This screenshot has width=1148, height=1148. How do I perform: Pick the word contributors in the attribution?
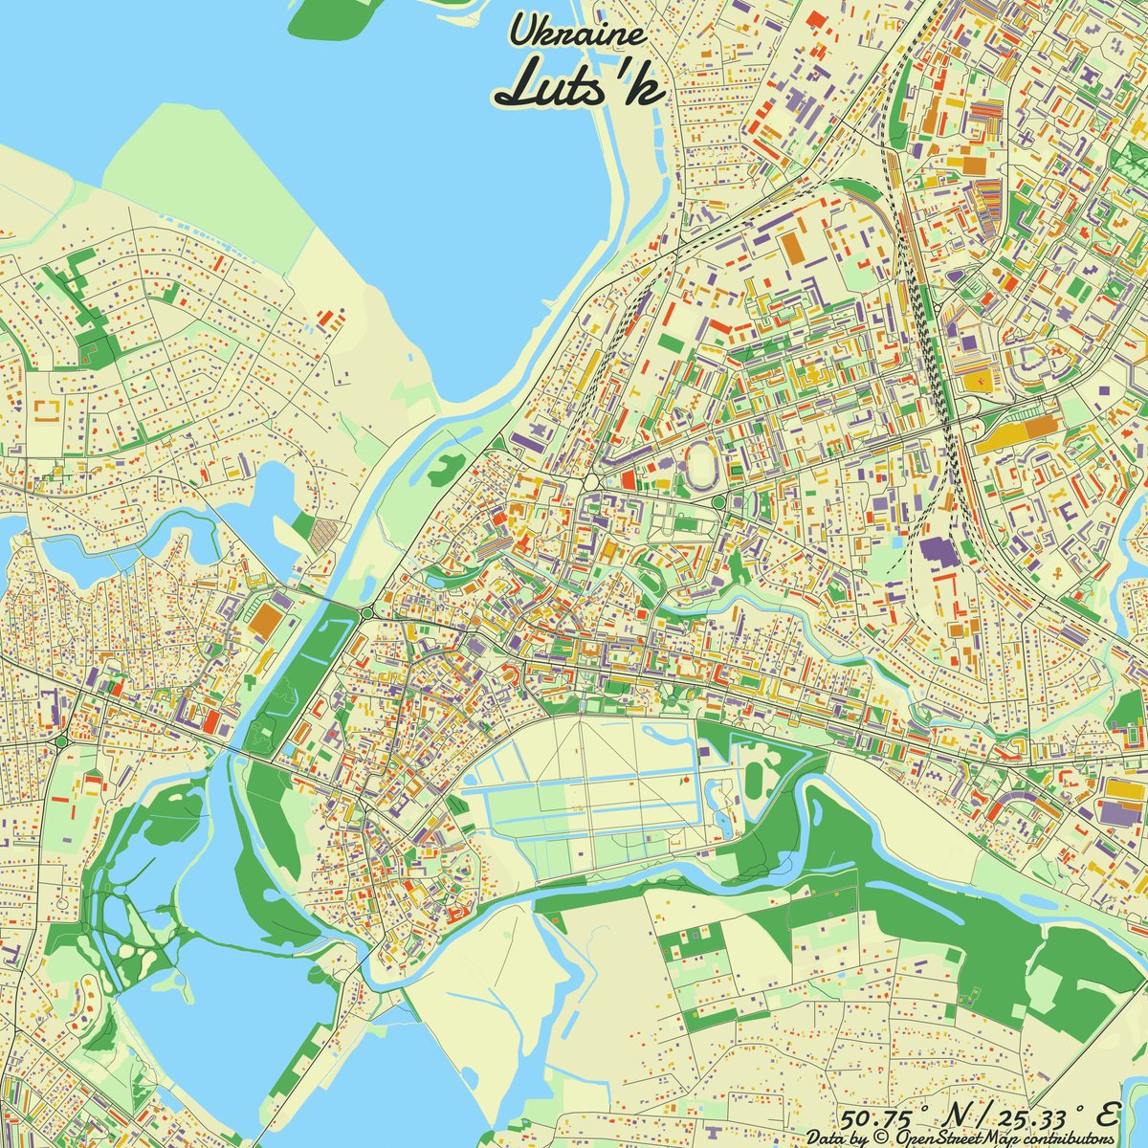pos(1071,1138)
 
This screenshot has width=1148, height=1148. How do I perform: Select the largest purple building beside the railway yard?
pos(943,554)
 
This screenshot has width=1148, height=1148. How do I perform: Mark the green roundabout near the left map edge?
pos(61,741)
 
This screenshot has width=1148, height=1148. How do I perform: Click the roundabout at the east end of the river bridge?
pos(367,612)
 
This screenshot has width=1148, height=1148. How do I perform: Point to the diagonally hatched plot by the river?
pos(325,533)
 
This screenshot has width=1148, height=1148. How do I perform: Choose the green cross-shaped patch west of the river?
pos(251,681)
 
